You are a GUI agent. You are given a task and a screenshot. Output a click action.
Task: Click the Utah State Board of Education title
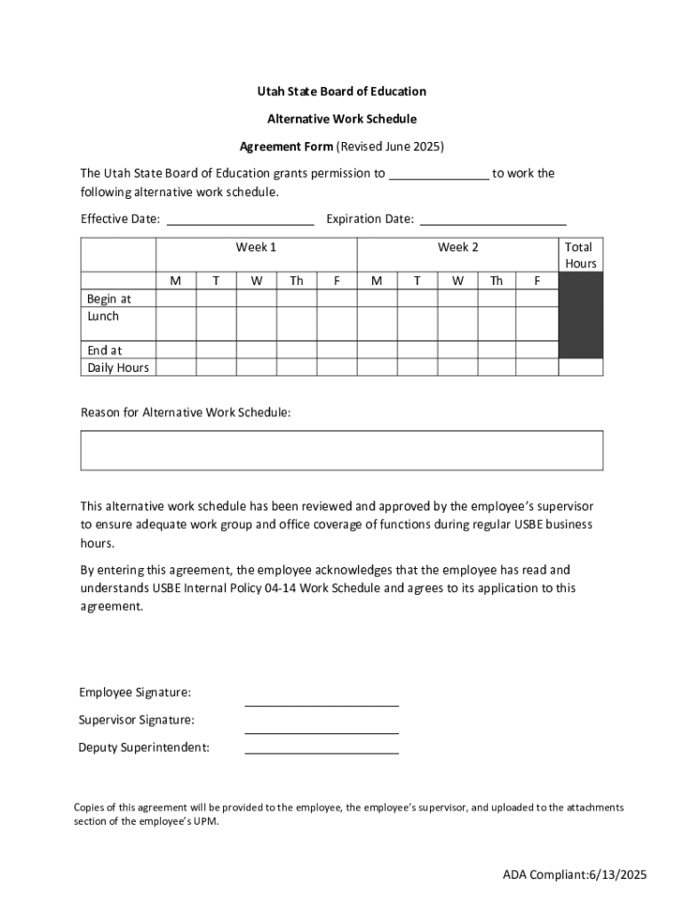click(342, 91)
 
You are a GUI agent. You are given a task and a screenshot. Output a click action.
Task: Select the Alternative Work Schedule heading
click(342, 118)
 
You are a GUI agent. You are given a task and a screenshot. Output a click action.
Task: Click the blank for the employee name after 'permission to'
click(439, 175)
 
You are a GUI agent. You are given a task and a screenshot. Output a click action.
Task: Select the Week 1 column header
click(256, 248)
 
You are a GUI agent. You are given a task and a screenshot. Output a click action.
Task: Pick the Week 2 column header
click(457, 248)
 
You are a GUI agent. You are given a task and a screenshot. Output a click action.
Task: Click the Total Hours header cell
click(581, 256)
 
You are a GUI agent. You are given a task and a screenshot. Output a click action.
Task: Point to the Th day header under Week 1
click(296, 281)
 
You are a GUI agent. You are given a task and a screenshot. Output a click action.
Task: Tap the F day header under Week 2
click(537, 281)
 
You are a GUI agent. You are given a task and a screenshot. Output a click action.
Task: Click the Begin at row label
click(109, 299)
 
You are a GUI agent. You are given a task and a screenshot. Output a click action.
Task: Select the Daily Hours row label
click(118, 368)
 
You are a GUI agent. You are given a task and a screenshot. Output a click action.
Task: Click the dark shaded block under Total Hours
click(581, 315)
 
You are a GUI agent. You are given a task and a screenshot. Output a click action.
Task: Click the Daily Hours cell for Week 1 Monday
click(176, 368)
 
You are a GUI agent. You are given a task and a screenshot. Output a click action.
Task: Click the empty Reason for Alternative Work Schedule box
click(342, 450)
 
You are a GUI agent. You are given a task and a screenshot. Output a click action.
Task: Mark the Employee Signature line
click(322, 700)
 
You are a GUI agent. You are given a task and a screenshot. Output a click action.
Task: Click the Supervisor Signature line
click(322, 727)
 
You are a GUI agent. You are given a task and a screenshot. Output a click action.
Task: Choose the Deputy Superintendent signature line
click(322, 747)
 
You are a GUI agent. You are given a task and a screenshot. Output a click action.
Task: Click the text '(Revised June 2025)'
click(389, 146)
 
